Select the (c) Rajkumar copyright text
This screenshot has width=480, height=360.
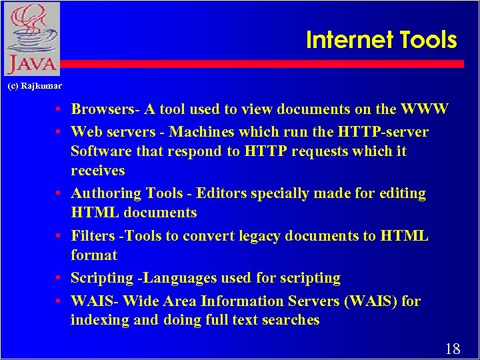(34, 86)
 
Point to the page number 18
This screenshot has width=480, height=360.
(452, 348)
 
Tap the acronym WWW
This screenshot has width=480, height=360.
(424, 109)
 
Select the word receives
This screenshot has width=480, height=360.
(98, 171)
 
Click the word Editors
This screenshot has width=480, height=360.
(219, 193)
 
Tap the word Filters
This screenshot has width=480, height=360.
(95, 236)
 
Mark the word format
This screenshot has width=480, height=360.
(94, 255)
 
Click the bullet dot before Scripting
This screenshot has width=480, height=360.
(59, 278)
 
